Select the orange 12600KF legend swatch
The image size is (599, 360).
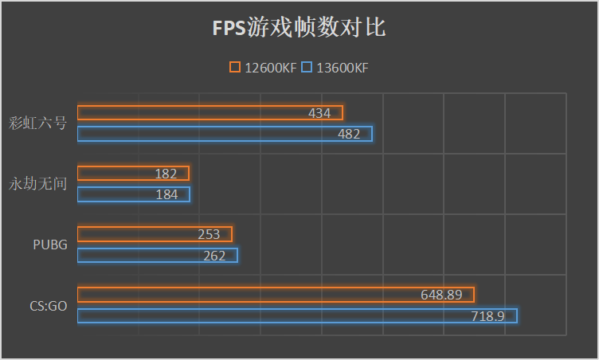(x=235, y=68)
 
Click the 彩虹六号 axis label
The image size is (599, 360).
(x=38, y=123)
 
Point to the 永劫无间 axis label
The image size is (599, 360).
(x=38, y=184)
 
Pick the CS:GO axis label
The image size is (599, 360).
(x=47, y=305)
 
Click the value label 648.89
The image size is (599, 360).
(x=441, y=295)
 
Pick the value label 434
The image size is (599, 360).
(x=319, y=114)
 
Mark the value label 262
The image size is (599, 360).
(x=214, y=256)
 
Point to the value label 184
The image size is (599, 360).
(x=166, y=195)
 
